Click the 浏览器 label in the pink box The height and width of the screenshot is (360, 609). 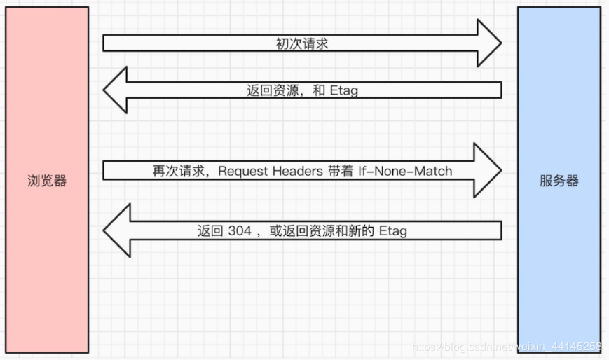(47, 181)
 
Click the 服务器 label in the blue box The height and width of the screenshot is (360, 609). (559, 181)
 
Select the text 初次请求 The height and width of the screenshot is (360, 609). (302, 44)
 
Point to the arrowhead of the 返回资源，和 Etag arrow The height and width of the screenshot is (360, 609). (116, 90)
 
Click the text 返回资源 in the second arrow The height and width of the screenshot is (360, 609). (269, 90)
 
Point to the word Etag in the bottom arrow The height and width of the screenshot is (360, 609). (392, 230)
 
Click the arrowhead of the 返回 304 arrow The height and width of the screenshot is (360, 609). (116, 230)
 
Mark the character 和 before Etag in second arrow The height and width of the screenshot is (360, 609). (319, 90)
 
